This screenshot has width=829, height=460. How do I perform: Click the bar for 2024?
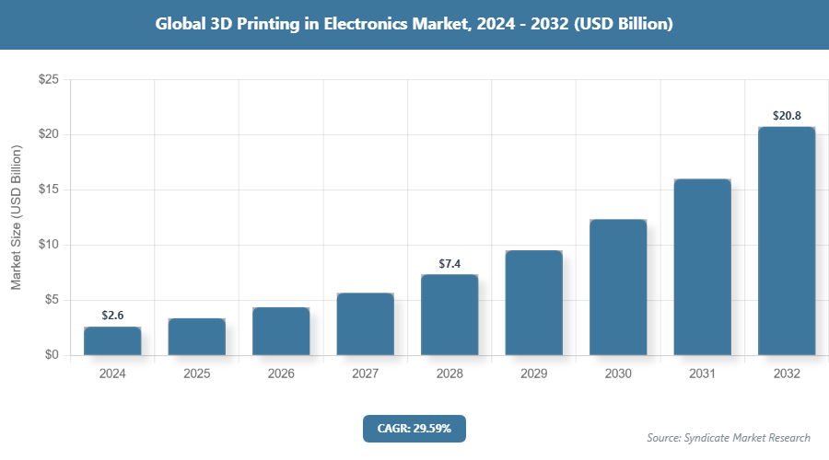(x=112, y=341)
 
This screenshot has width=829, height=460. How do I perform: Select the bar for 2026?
(x=281, y=331)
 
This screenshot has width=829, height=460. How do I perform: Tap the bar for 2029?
(x=533, y=303)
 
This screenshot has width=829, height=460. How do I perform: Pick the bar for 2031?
(x=702, y=267)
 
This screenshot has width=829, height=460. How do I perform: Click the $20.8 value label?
(x=787, y=116)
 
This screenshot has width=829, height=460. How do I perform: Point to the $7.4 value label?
(x=450, y=264)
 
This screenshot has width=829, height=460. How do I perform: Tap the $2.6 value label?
(x=112, y=316)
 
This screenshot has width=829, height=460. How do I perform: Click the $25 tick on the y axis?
(x=48, y=80)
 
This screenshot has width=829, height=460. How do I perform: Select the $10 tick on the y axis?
(x=48, y=245)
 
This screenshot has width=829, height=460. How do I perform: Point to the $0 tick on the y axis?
(x=51, y=355)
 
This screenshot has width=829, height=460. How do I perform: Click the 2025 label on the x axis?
(x=196, y=374)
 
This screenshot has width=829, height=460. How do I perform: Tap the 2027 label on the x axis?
(x=365, y=374)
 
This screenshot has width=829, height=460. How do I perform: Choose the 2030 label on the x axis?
(x=618, y=374)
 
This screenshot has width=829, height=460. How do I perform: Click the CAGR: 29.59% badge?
(x=414, y=428)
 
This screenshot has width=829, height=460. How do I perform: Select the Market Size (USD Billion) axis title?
(x=16, y=217)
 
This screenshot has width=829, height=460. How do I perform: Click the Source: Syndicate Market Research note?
(x=728, y=437)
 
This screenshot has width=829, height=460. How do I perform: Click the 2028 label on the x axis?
(x=450, y=374)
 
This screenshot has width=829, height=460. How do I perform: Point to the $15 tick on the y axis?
(x=48, y=190)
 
